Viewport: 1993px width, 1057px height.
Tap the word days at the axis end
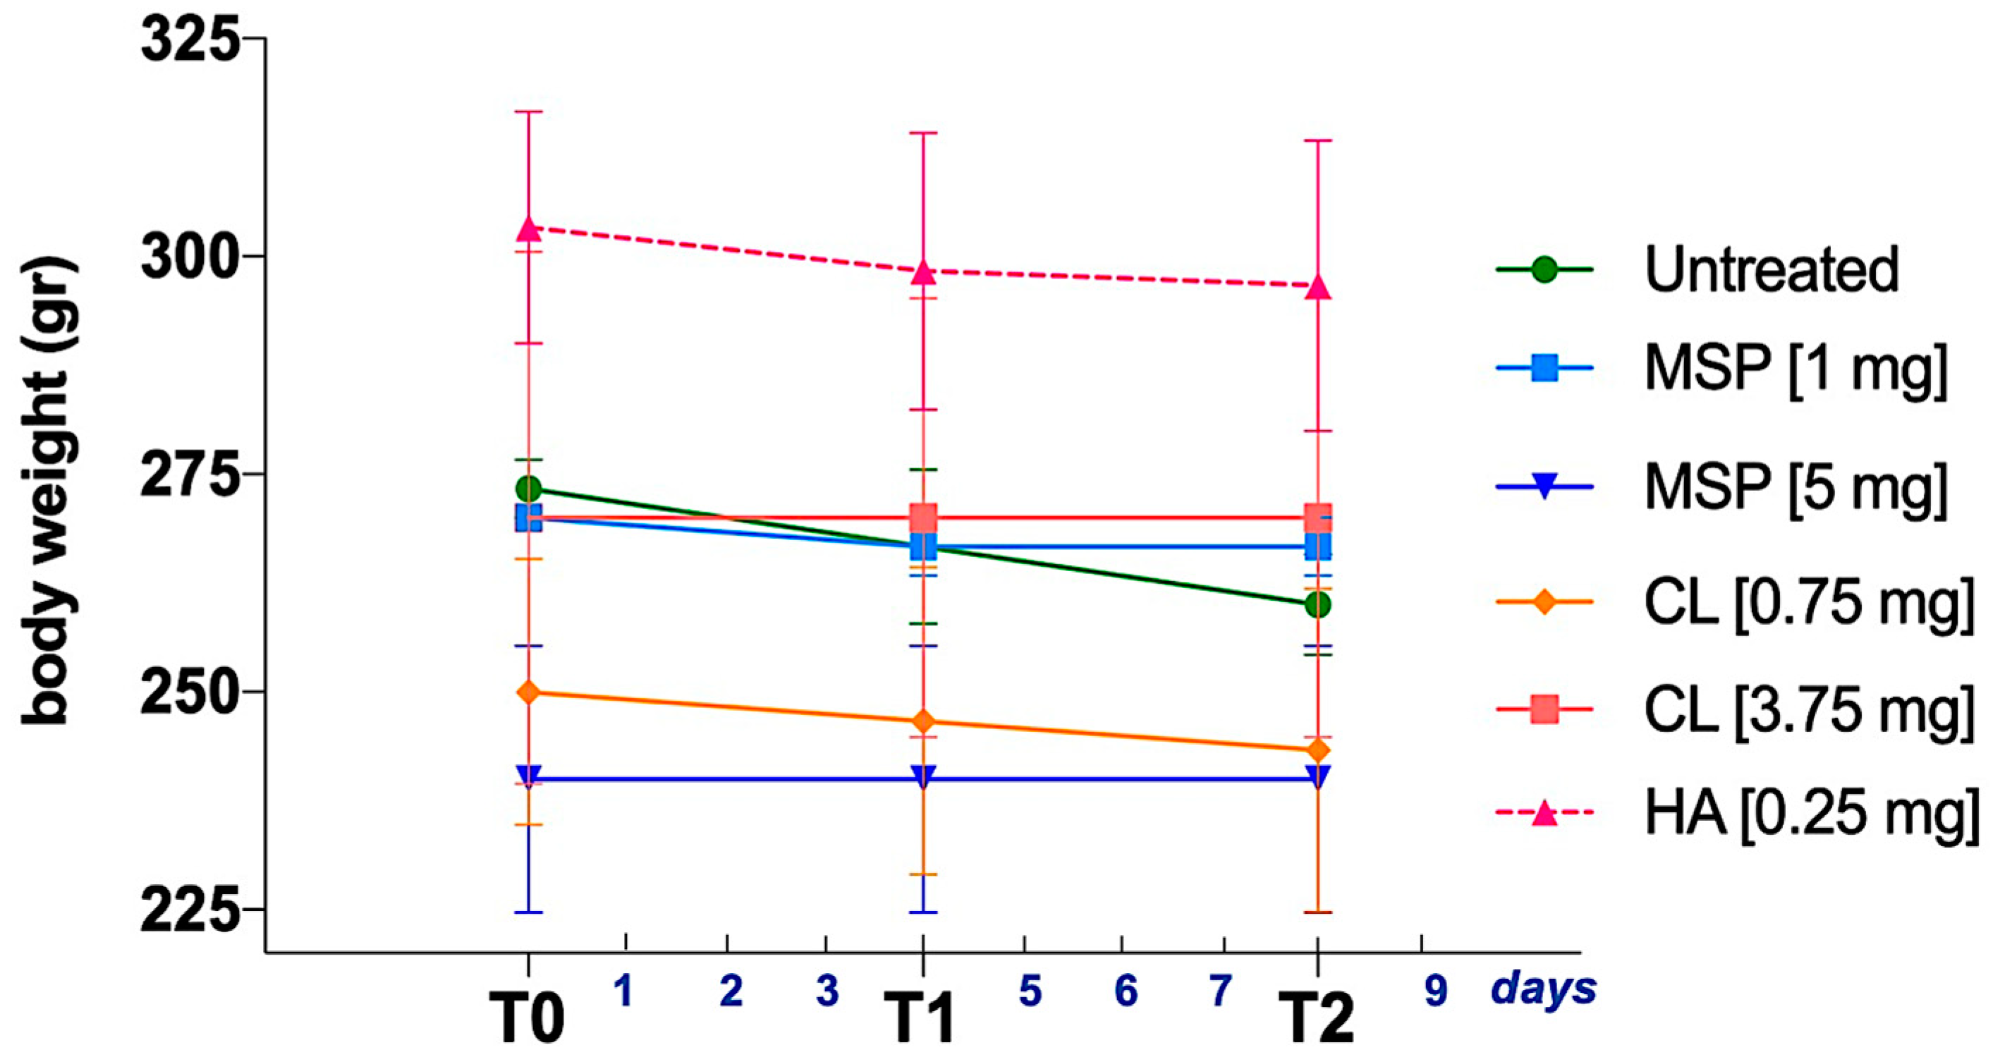click(1544, 988)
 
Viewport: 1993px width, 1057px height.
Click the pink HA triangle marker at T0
click(528, 228)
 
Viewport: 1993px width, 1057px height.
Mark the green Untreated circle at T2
click(1317, 604)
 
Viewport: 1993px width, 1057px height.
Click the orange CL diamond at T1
click(923, 722)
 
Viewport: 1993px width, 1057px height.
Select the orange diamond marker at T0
click(528, 692)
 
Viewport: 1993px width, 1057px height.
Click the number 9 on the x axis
click(1436, 991)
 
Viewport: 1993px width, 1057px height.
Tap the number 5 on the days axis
click(1030, 991)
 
